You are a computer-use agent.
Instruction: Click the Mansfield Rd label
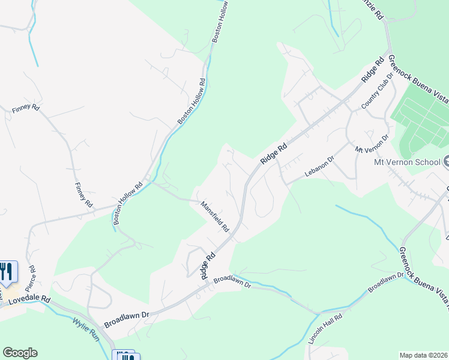[x=215, y=217]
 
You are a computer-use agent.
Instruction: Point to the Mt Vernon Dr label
[x=372, y=142]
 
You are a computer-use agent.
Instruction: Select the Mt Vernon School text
[x=407, y=162]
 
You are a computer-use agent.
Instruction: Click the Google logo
[x=20, y=353]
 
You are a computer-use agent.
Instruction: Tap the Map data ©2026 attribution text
[x=423, y=355]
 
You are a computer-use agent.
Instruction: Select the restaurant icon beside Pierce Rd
[x=7, y=272]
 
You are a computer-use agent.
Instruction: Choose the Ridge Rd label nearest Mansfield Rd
[x=208, y=265]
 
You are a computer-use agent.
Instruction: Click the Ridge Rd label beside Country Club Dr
[x=372, y=70]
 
